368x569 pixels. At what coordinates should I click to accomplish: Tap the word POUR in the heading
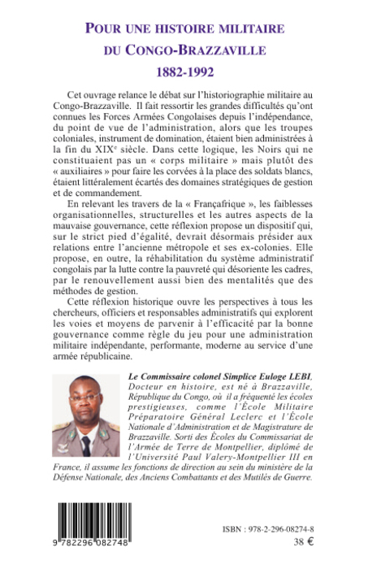(112, 28)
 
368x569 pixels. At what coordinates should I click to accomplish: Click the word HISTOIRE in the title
(185, 28)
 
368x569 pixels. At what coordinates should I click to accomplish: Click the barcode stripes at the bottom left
(96, 519)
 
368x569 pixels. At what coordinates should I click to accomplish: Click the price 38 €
(300, 543)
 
